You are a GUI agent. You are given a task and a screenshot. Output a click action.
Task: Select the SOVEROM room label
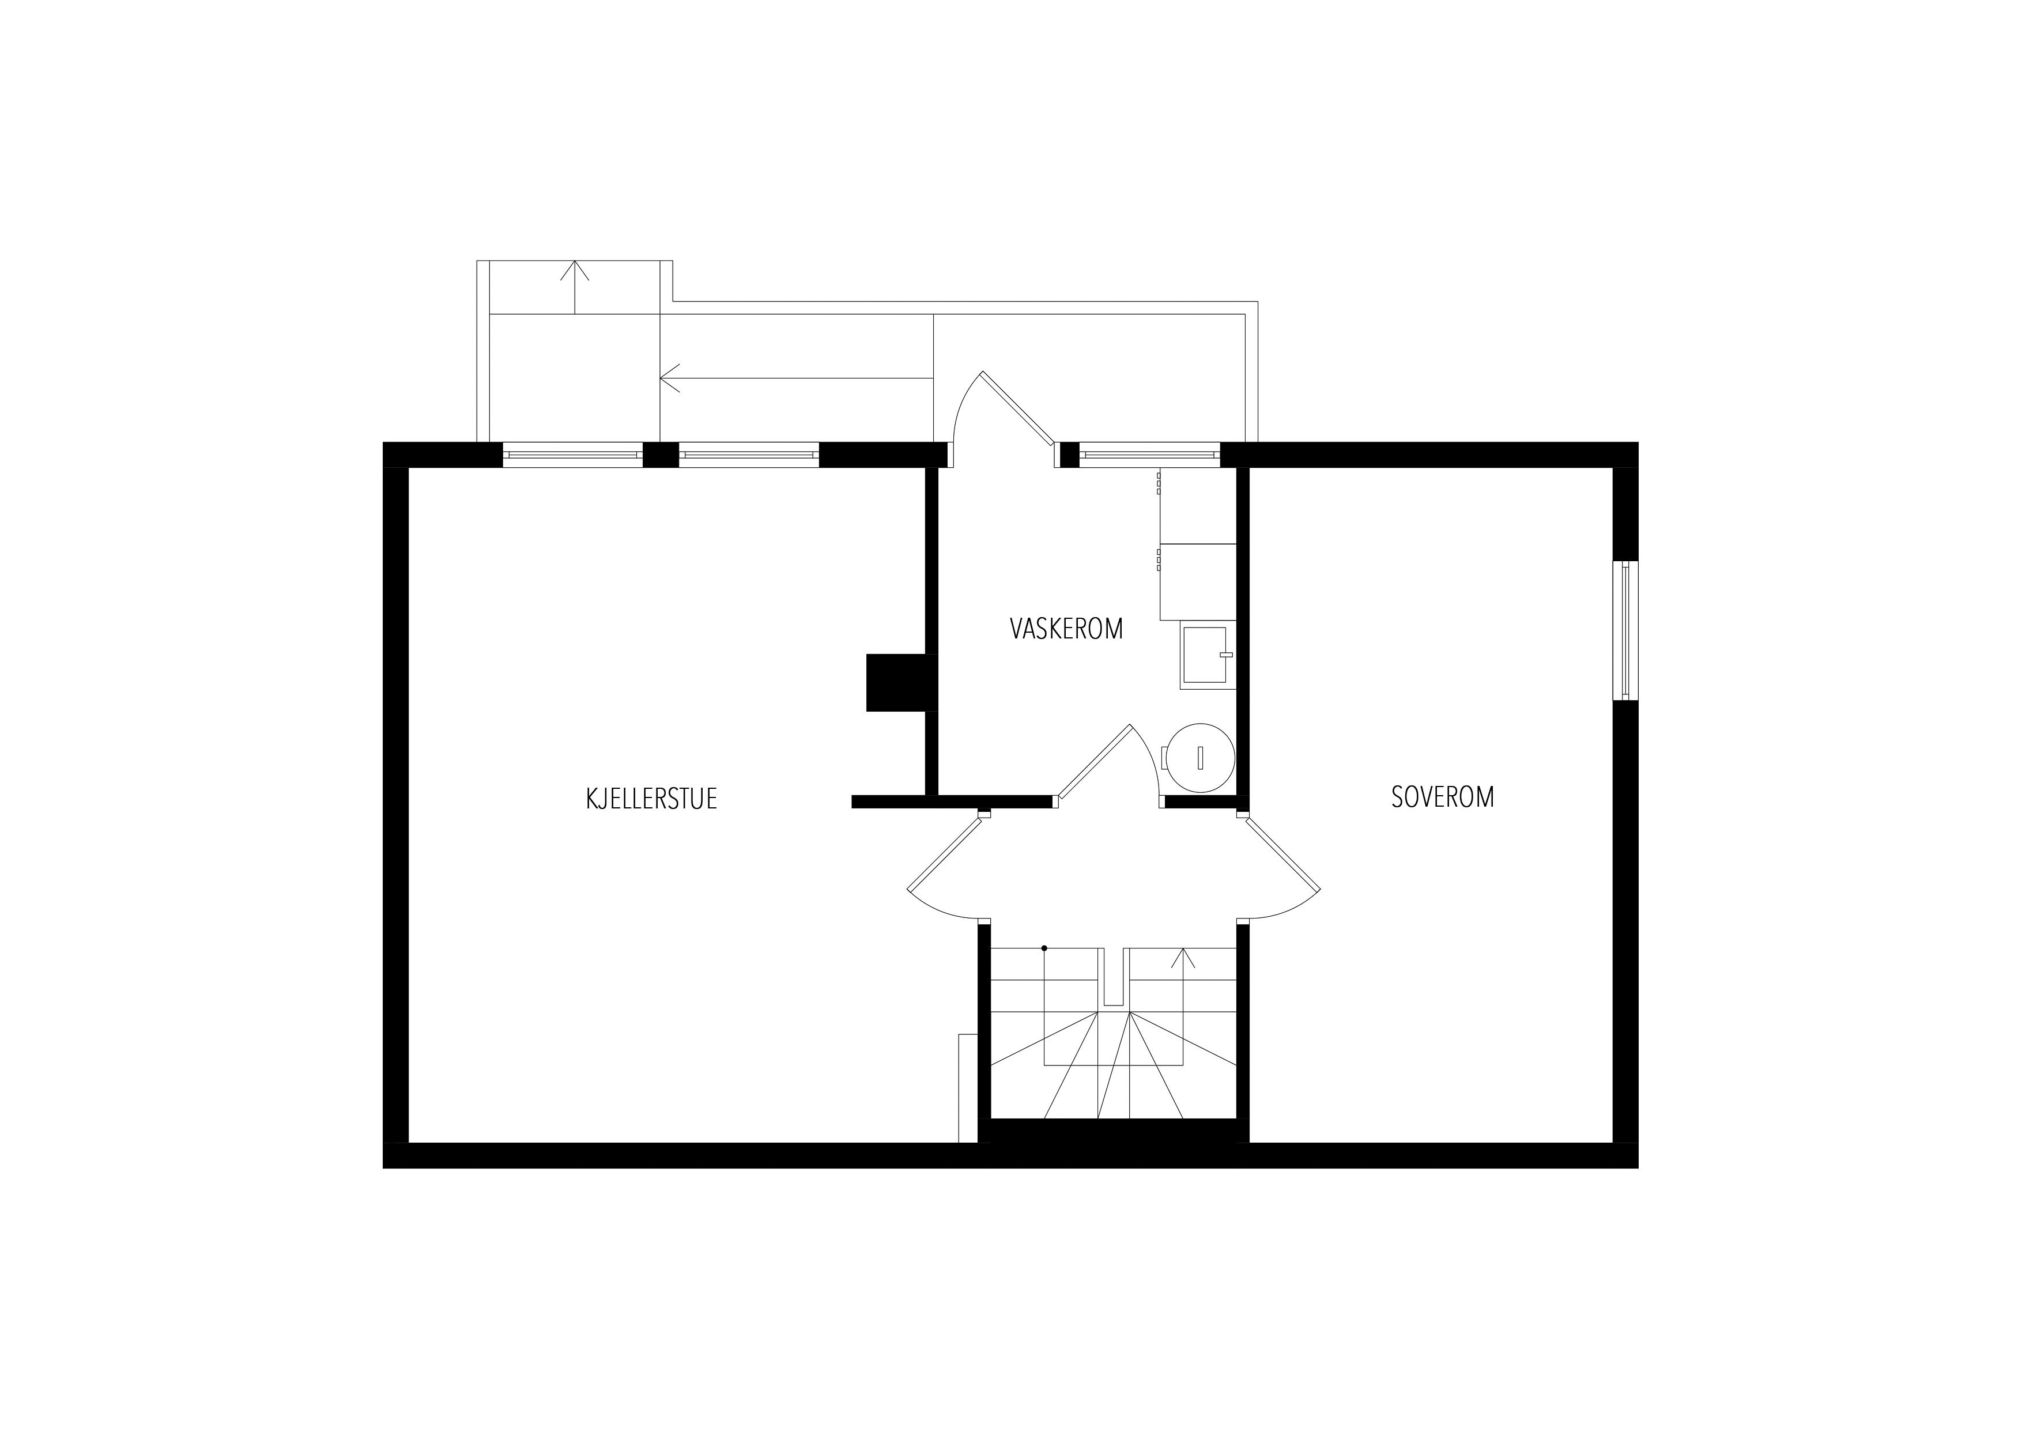(x=1443, y=797)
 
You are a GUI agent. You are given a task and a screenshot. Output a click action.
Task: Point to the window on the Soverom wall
(x=1625, y=630)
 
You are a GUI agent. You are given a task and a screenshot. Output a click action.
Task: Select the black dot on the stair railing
(x=1044, y=948)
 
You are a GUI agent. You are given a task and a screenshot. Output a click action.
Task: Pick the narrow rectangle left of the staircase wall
(x=968, y=1088)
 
